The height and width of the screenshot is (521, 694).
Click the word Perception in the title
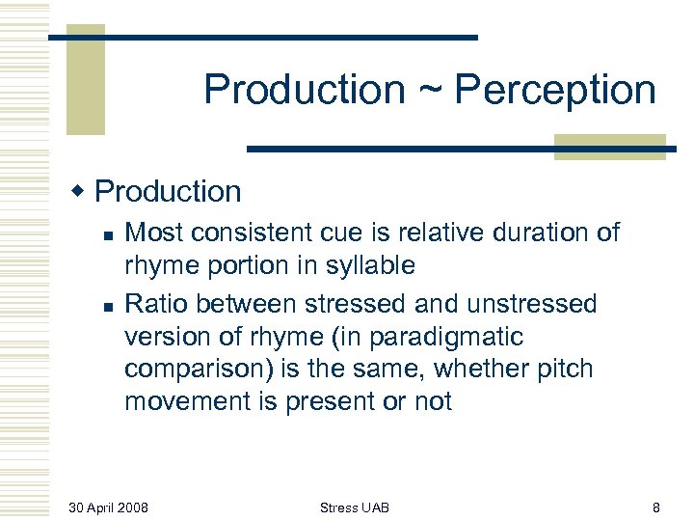(x=555, y=91)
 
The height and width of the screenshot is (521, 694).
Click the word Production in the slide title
(x=305, y=91)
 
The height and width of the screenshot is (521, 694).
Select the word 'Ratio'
(x=155, y=304)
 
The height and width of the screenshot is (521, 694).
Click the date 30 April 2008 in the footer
(x=109, y=507)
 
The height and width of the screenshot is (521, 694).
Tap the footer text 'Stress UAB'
(x=355, y=507)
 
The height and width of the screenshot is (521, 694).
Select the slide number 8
(x=656, y=507)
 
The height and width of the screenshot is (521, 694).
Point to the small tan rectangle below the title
(x=610, y=147)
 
